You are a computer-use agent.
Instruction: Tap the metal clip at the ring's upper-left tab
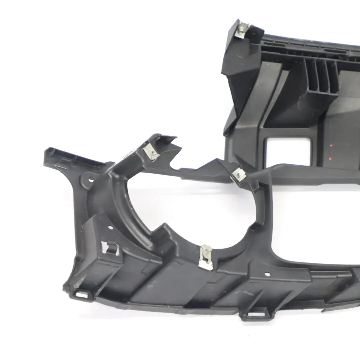pos(151,153)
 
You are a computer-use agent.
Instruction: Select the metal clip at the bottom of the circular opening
pos(206,255)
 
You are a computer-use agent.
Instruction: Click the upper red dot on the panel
pos(331,145)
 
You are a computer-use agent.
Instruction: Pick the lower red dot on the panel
pos(330,159)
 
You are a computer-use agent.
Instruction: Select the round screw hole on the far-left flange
pos(91,180)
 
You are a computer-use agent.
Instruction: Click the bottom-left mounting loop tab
pos(82,294)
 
